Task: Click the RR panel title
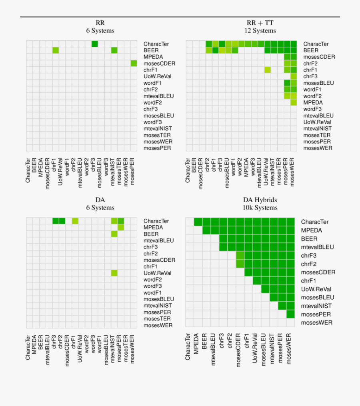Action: click(100, 23)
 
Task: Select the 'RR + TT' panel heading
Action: click(260, 23)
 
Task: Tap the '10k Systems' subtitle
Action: click(260, 208)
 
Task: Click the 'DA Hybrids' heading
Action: click(260, 200)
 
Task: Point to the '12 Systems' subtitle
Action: click(260, 31)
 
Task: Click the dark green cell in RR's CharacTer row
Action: click(95, 44)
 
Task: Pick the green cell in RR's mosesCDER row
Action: click(134, 64)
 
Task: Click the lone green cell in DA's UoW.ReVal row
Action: click(114, 273)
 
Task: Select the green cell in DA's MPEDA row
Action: click(121, 227)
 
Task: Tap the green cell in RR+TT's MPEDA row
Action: click(294, 103)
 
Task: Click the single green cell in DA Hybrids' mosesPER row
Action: click(290, 314)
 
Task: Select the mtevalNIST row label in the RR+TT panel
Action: click(317, 129)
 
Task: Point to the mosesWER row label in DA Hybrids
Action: click(316, 322)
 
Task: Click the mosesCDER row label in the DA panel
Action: click(159, 260)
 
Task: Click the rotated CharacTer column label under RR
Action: click(28, 171)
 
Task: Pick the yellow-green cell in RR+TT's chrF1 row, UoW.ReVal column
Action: click(268, 70)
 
